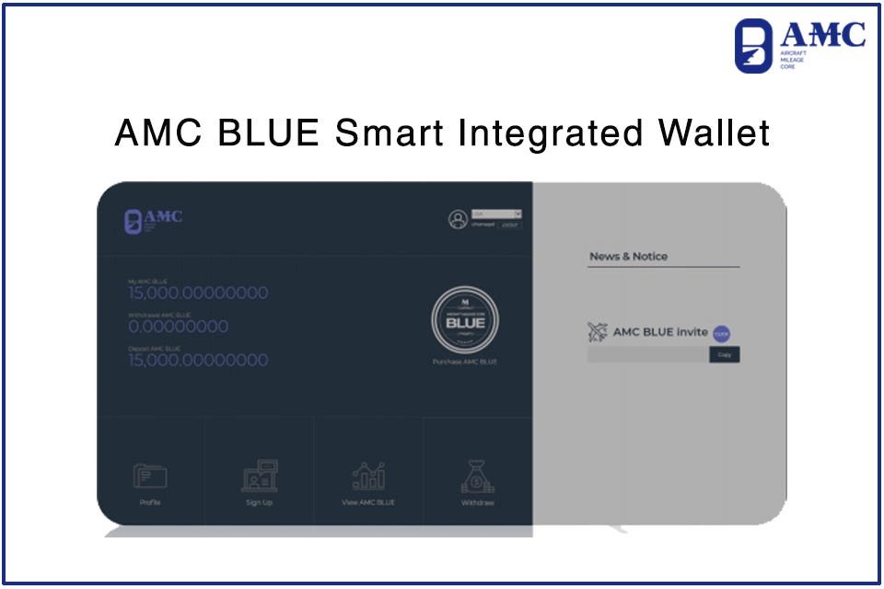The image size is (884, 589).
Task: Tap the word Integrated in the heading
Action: [x=550, y=134]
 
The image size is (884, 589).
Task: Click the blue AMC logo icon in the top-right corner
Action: [x=753, y=46]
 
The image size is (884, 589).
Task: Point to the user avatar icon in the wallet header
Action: [x=458, y=219]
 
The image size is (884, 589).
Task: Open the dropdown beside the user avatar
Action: [x=496, y=214]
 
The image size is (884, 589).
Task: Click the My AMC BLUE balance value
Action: [x=198, y=294]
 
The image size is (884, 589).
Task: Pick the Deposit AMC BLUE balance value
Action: [x=198, y=360]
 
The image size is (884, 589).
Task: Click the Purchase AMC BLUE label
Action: [x=465, y=362]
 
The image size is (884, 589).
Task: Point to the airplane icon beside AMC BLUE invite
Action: [x=598, y=332]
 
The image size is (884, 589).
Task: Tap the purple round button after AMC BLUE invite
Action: [x=721, y=333]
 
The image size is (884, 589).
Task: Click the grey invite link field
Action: [x=647, y=354]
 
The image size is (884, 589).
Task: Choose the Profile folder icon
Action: [x=150, y=476]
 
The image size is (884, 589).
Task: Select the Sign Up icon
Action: [x=259, y=475]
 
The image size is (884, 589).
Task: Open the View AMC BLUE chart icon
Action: [x=368, y=476]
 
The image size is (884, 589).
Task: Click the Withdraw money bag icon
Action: [x=478, y=476]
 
